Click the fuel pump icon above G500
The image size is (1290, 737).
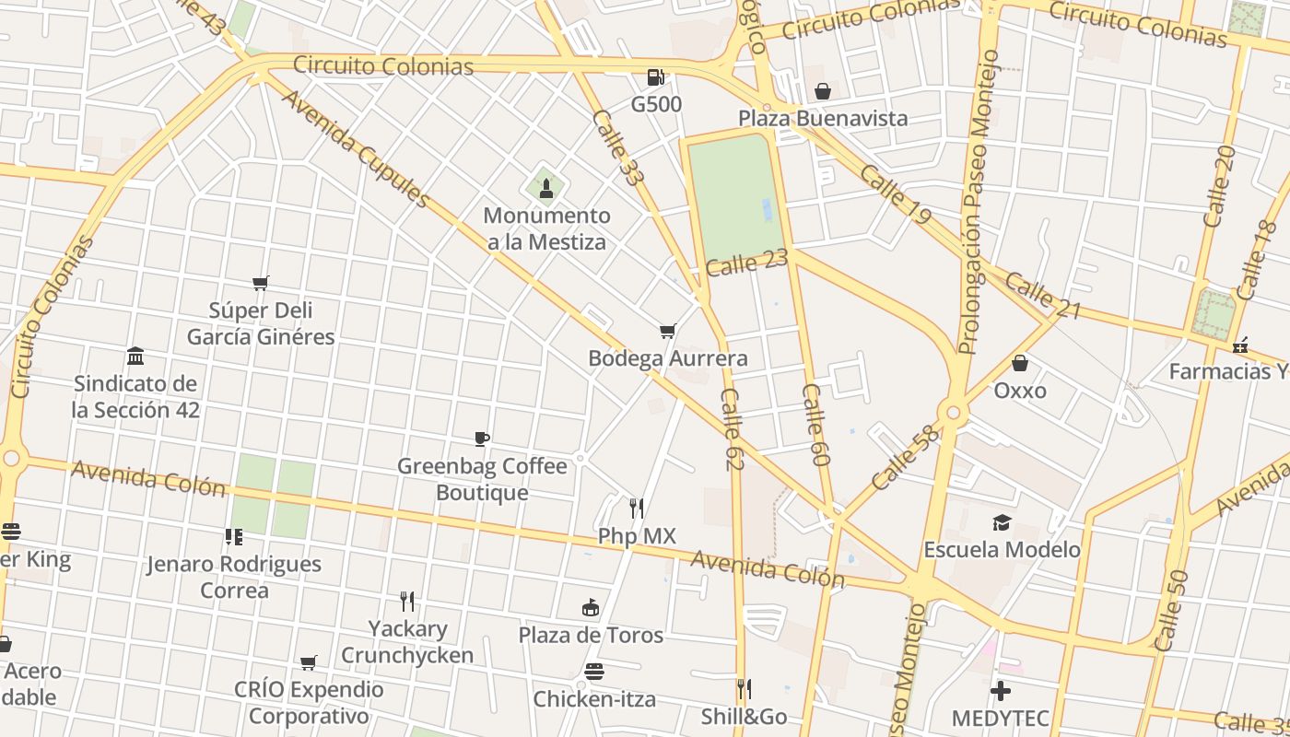click(x=655, y=77)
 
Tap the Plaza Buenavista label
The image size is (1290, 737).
click(x=822, y=118)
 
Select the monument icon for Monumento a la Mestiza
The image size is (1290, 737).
click(x=546, y=189)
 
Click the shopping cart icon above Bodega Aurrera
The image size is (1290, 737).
click(x=668, y=332)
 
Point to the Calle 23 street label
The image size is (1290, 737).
click(x=747, y=263)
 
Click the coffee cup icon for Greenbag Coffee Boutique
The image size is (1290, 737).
click(x=481, y=439)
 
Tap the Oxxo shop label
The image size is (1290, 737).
click(x=1019, y=391)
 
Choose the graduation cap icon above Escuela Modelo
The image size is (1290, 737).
click(x=1002, y=523)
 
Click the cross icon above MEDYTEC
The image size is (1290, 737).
click(x=1001, y=690)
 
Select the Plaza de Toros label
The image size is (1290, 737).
click(x=591, y=635)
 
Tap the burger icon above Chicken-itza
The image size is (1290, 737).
click(x=594, y=672)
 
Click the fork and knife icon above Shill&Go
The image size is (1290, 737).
click(x=744, y=688)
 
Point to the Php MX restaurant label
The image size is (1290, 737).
click(x=637, y=535)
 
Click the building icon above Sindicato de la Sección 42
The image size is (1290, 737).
click(x=135, y=356)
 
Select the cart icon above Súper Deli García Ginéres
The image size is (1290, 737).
click(x=261, y=283)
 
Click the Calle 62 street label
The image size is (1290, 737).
click(x=732, y=429)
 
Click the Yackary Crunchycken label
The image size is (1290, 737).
click(x=407, y=642)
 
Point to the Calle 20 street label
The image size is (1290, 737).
click(x=1219, y=186)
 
